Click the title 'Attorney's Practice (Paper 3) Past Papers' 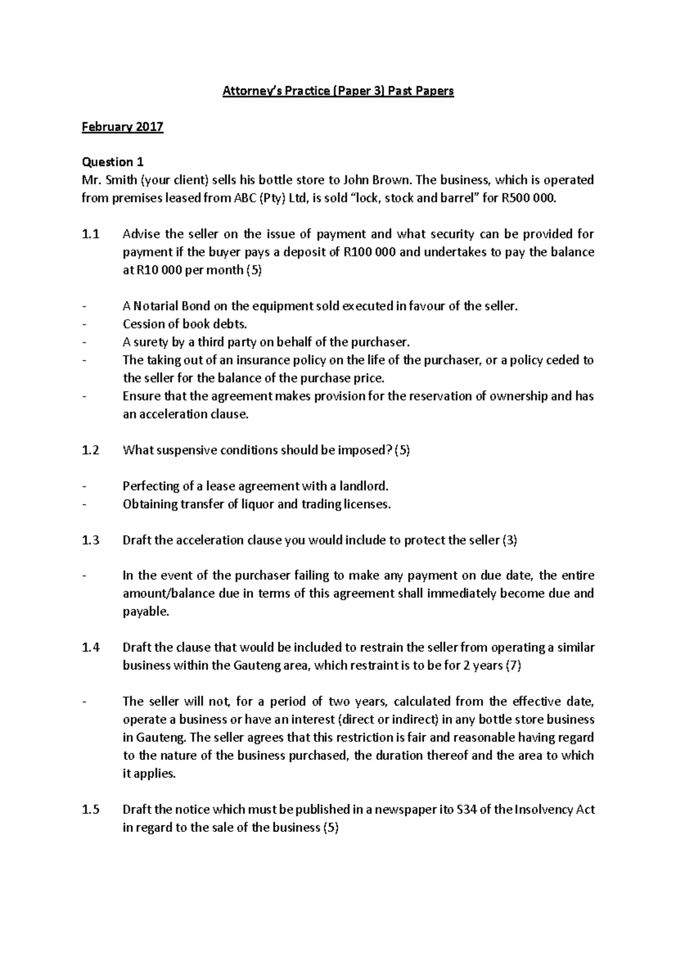(x=338, y=91)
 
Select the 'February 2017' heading (x=122, y=127)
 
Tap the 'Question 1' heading (x=113, y=162)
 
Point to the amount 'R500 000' (x=522, y=198)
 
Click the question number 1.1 (x=90, y=234)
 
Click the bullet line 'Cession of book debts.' (x=185, y=325)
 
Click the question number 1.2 (x=90, y=450)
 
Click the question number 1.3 (x=90, y=540)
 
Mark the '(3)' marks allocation (x=509, y=540)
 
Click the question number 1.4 (x=90, y=648)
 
